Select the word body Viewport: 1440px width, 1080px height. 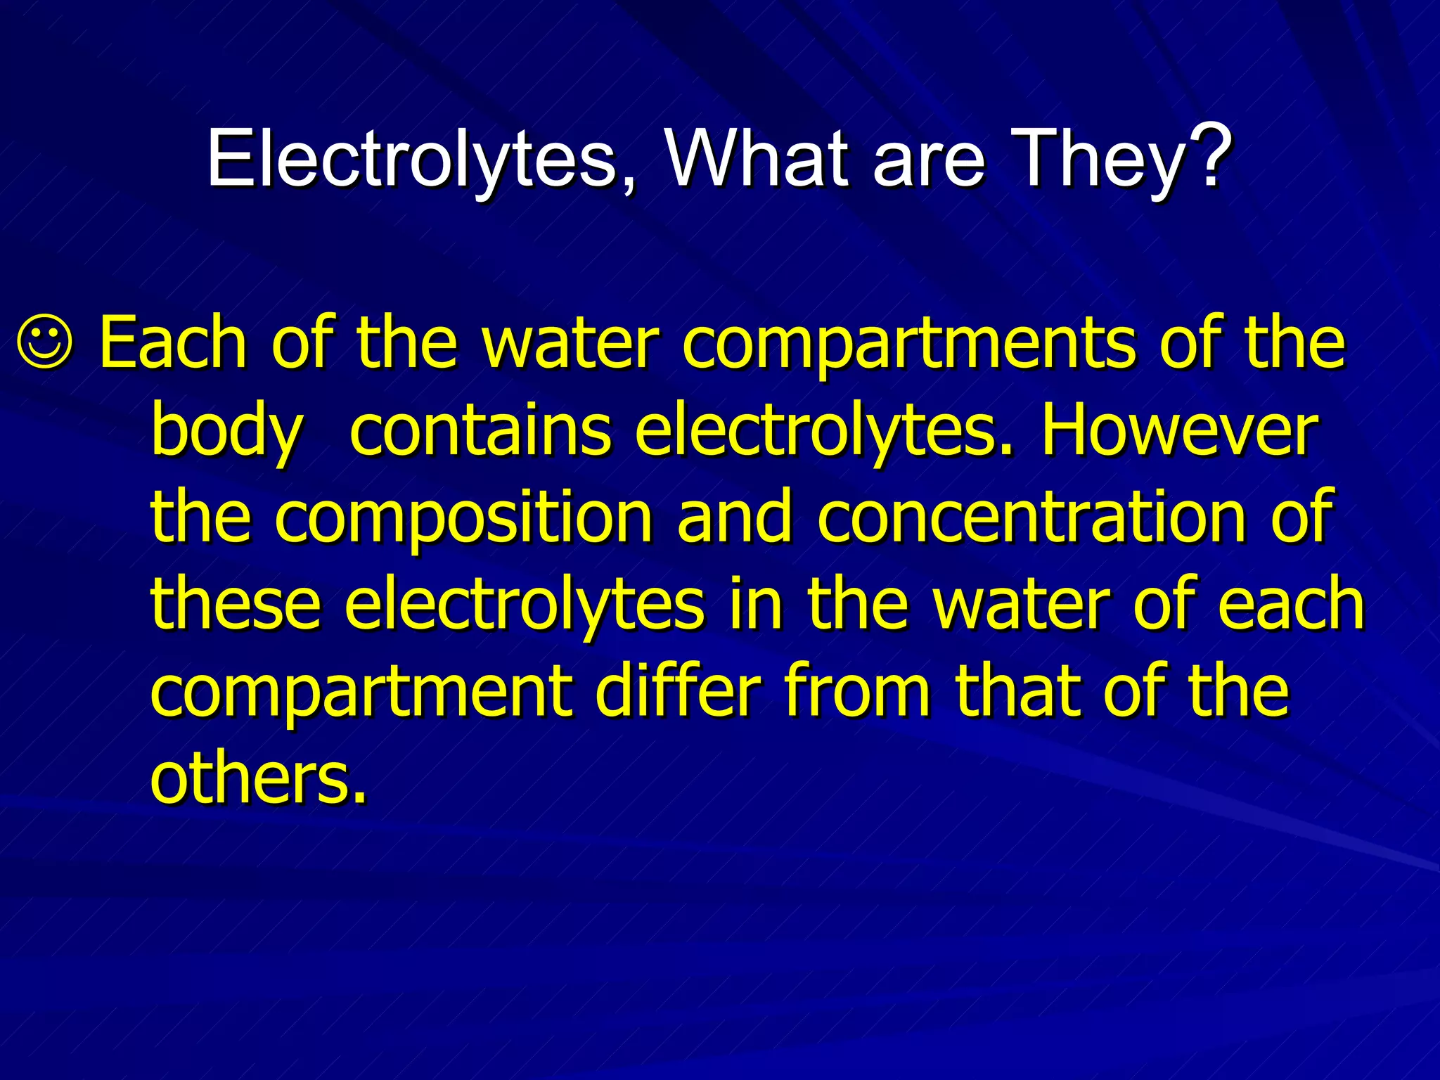pyautogui.click(x=227, y=432)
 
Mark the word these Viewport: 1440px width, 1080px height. pyautogui.click(x=236, y=605)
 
